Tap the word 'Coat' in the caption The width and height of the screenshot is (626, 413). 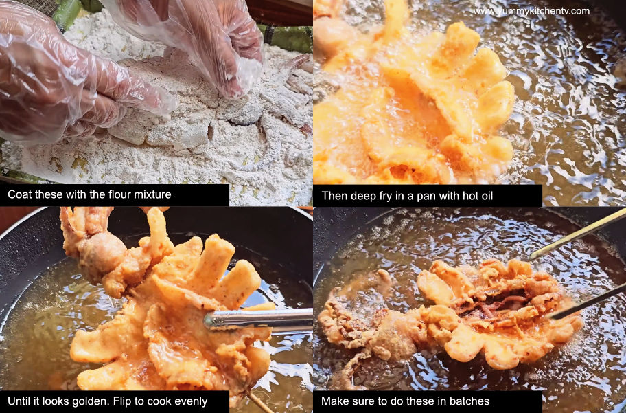pyautogui.click(x=20, y=195)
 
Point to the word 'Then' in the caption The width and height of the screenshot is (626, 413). pyautogui.click(x=334, y=195)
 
